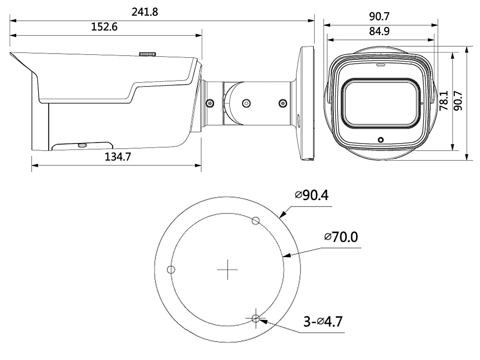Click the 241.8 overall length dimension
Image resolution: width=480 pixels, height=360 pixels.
(x=145, y=12)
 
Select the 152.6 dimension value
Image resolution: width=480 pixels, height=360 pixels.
(x=104, y=27)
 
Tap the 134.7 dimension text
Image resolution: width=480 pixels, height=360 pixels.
(x=118, y=157)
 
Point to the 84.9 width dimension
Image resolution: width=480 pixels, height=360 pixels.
(x=379, y=31)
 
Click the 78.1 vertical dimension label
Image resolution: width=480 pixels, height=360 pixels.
(x=443, y=100)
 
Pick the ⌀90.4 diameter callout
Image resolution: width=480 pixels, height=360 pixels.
(x=312, y=195)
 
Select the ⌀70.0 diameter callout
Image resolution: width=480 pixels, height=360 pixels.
(x=341, y=237)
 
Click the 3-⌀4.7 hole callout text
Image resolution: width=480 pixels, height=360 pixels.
(x=323, y=321)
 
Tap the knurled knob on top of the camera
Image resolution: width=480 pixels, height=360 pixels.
(x=148, y=54)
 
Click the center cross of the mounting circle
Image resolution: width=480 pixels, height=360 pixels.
(x=228, y=270)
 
